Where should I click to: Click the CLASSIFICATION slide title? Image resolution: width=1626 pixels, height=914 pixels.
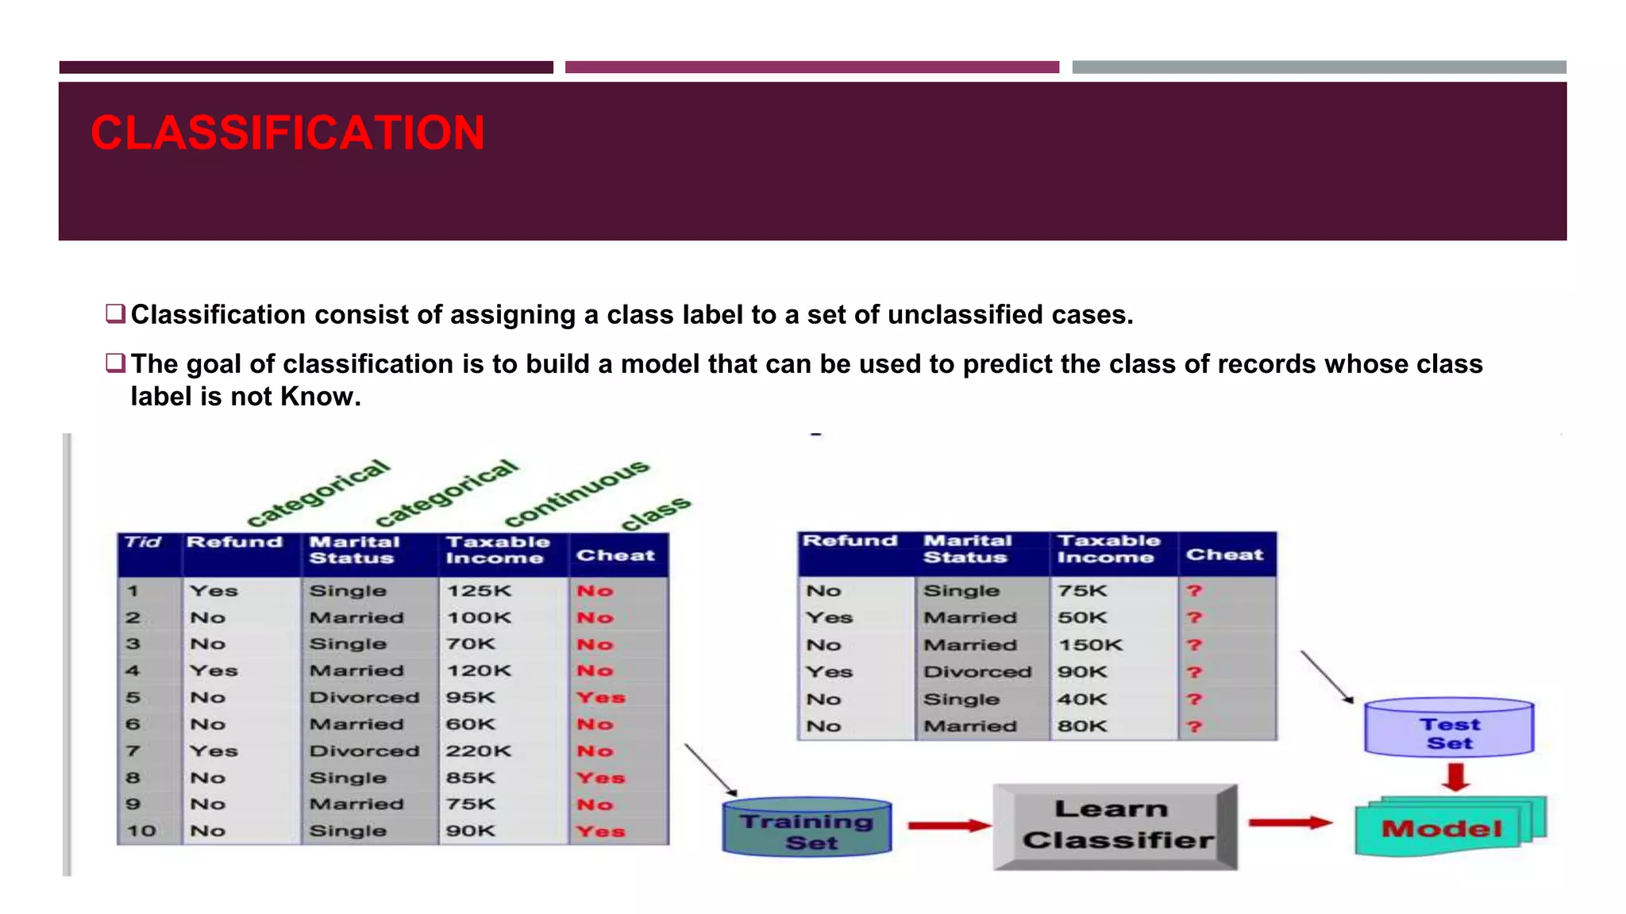click(x=287, y=132)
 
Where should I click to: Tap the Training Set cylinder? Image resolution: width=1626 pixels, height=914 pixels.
click(x=807, y=828)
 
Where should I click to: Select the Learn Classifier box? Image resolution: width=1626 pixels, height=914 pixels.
click(x=1115, y=826)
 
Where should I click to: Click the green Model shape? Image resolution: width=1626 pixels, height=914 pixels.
click(x=1442, y=828)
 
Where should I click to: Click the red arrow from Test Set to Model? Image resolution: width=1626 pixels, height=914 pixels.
click(x=1456, y=777)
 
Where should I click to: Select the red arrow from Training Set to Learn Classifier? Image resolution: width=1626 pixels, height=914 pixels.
click(x=948, y=825)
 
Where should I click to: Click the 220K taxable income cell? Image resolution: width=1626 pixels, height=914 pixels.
click(x=479, y=751)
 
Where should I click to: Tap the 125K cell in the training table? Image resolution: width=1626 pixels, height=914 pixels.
click(x=479, y=591)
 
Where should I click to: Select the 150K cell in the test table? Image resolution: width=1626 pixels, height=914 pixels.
click(x=1090, y=645)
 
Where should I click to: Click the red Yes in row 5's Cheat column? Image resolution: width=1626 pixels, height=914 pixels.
click(x=601, y=697)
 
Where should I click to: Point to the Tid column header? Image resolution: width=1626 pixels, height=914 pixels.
click(x=143, y=543)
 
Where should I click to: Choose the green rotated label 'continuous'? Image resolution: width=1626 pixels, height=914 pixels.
click(x=577, y=493)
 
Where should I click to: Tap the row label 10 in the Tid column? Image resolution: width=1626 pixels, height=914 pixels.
click(x=141, y=831)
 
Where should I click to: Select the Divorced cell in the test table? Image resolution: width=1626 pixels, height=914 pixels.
click(x=977, y=672)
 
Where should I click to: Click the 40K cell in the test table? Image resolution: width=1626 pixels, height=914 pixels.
click(x=1081, y=699)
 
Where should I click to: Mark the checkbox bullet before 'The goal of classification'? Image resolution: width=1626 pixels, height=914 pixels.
click(x=115, y=363)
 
